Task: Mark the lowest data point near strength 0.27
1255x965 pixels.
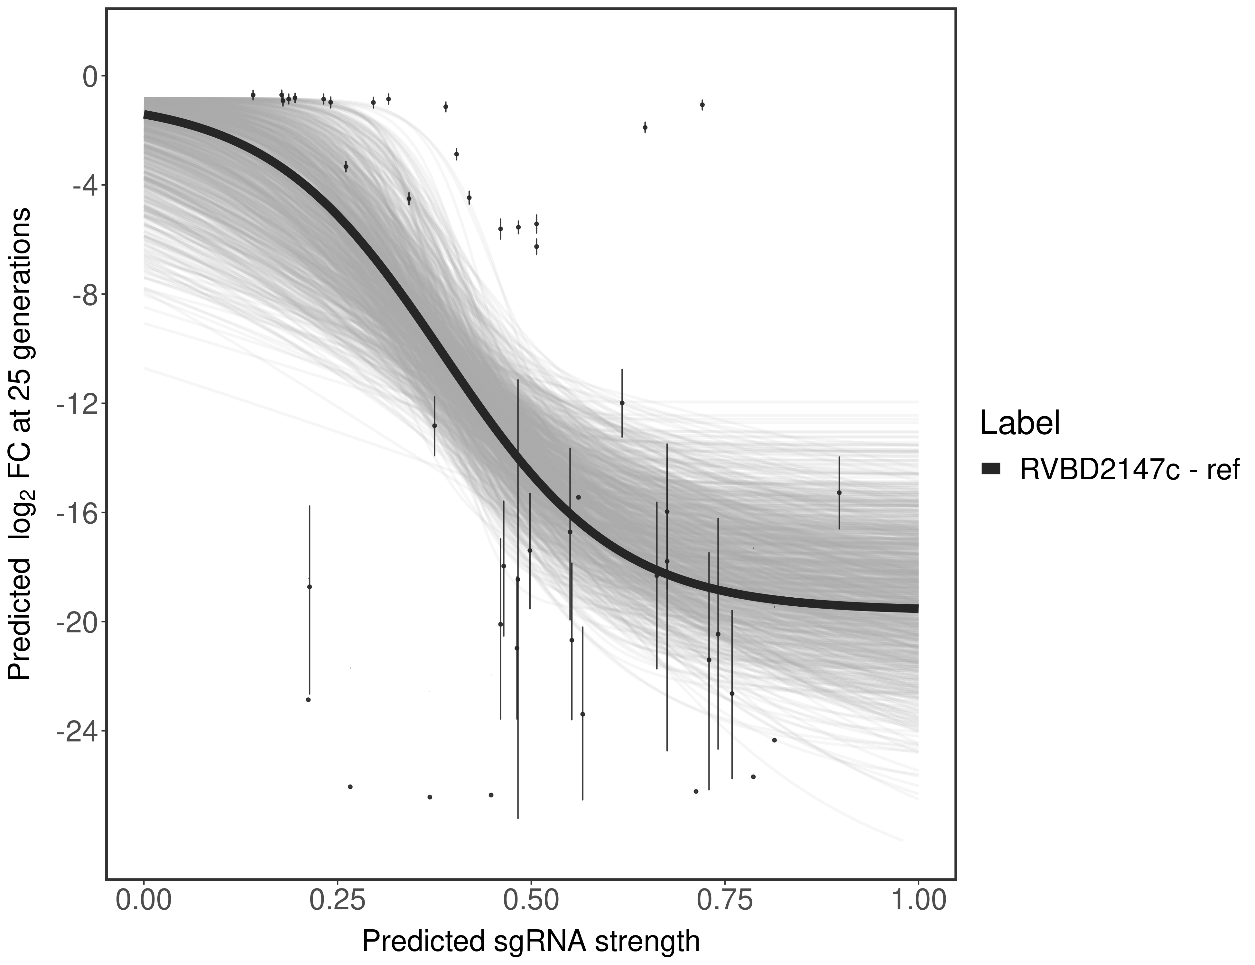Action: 350,787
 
